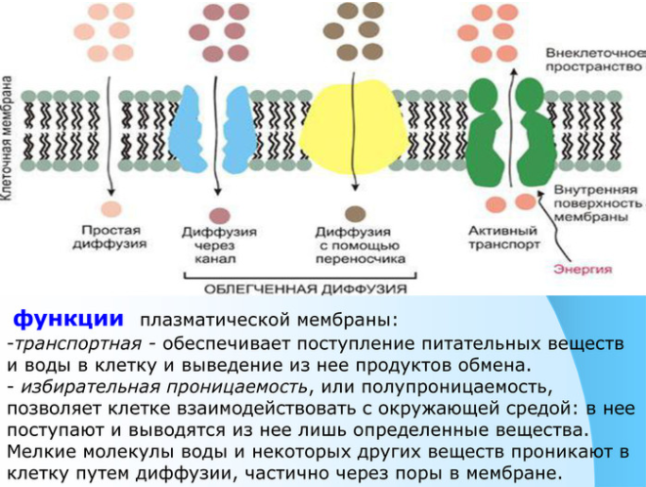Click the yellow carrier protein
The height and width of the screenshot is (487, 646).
tap(355, 127)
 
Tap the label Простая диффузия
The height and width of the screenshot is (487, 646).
tap(109, 237)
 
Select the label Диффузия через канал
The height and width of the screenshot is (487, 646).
tap(219, 245)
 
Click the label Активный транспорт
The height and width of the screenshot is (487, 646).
tap(503, 238)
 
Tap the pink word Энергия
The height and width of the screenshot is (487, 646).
tap(582, 269)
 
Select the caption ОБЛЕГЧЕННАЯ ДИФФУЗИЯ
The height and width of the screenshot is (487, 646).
tap(305, 288)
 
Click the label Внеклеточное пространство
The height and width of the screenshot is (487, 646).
tap(595, 60)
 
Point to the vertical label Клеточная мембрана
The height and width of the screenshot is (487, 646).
tap(8, 138)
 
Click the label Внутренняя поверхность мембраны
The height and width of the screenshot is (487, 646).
tap(597, 203)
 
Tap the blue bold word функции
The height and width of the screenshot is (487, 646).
tap(68, 319)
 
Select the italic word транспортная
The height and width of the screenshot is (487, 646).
tap(77, 343)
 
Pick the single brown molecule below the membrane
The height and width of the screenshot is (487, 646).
tap(355, 213)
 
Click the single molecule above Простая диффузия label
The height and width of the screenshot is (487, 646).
tap(111, 208)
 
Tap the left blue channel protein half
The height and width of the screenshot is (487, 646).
tap(188, 129)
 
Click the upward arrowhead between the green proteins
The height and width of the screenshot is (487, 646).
tap(513, 70)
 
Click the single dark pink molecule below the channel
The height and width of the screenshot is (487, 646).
tap(219, 215)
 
